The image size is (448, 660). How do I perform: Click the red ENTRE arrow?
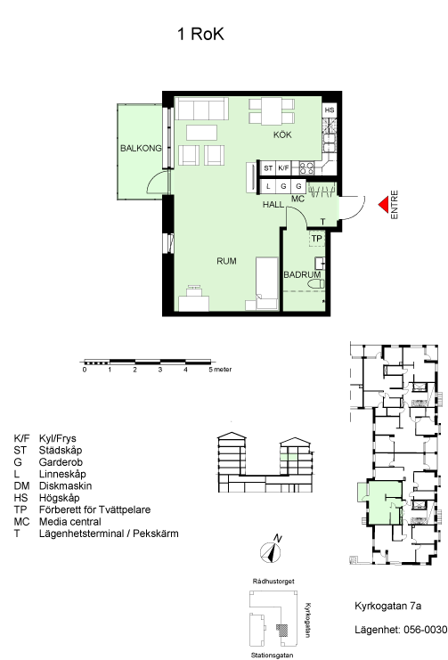point(383,205)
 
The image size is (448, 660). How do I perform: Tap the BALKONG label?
point(141,148)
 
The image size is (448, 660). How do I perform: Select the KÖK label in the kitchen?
point(282,134)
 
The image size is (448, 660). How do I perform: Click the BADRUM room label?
point(302,274)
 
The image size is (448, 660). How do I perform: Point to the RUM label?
point(226,261)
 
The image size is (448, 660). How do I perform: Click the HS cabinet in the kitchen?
point(330,110)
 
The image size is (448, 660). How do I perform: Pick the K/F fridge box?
point(283,168)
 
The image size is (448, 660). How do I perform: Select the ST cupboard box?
point(268,168)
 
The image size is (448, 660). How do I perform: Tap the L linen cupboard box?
point(268,186)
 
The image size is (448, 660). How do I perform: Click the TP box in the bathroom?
point(317,239)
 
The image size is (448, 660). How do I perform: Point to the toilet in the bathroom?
point(316,284)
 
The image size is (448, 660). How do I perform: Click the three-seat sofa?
point(201,109)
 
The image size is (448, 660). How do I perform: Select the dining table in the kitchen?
point(272,111)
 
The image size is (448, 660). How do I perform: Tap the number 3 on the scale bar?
point(160,370)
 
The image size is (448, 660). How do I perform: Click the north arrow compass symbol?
point(271,552)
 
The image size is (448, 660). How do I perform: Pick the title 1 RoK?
point(200,34)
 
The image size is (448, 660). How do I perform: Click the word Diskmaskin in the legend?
point(65,485)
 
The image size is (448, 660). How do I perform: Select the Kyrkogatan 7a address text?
point(387,607)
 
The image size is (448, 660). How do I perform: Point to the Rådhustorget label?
point(273,582)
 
